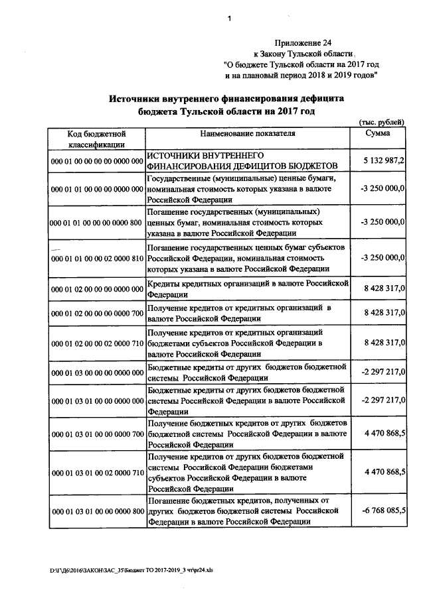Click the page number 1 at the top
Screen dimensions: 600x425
pos(229,19)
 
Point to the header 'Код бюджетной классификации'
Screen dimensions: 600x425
pos(97,139)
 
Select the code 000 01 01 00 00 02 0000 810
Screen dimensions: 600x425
pos(97,258)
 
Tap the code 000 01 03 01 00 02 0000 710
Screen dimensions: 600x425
pos(97,471)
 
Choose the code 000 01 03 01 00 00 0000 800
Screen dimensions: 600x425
pos(97,511)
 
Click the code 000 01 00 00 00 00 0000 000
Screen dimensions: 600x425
pos(97,161)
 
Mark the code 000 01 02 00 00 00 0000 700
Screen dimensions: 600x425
pos(97,312)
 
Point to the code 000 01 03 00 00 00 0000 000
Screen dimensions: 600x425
pos(97,373)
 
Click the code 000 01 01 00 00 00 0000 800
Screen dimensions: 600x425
pos(97,223)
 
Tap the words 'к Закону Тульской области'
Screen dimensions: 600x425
pos(303,53)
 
